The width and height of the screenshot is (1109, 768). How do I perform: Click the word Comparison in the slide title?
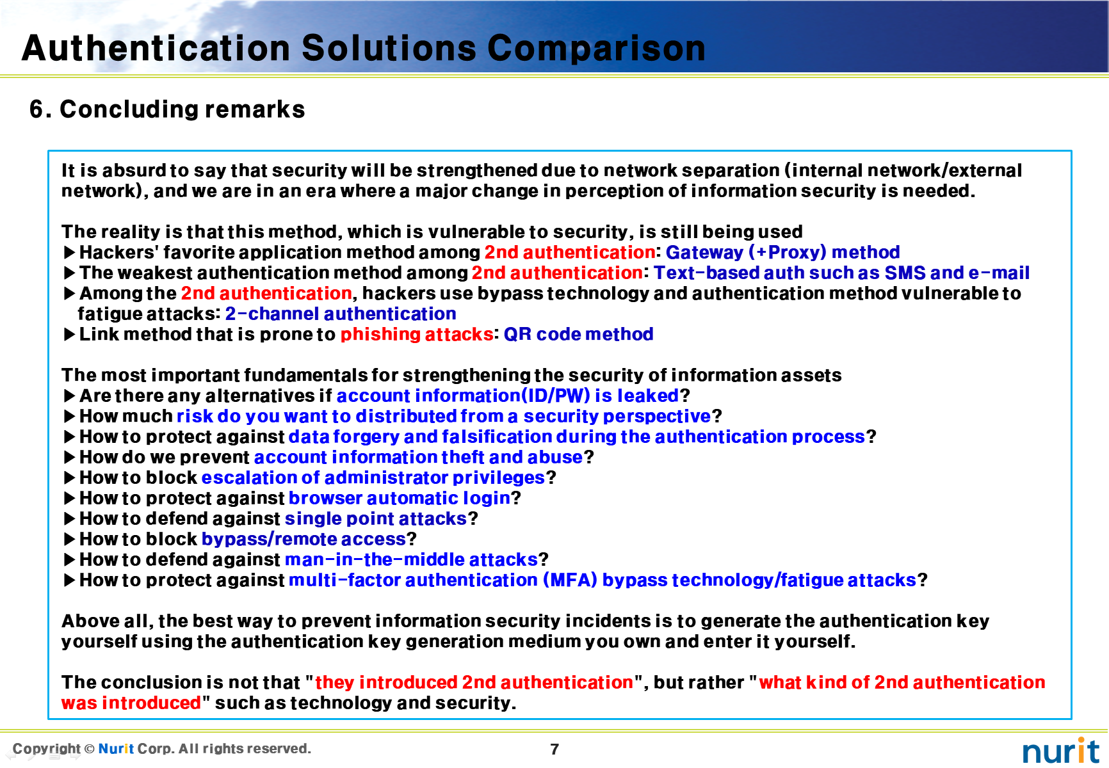pos(596,49)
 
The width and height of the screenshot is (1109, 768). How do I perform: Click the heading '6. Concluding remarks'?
pos(167,109)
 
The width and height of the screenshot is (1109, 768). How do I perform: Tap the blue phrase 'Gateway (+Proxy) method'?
pos(782,252)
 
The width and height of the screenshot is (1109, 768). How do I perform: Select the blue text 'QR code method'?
pos(578,334)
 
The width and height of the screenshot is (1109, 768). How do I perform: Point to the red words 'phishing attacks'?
pos(417,334)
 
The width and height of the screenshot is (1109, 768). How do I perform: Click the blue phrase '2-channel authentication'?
pos(341,314)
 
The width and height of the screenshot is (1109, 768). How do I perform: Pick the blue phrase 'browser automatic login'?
pos(400,498)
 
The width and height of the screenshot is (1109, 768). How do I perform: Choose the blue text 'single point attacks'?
pos(376,518)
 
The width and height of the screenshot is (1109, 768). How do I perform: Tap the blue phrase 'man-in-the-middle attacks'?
pos(411,559)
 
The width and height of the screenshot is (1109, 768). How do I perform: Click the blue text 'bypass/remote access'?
pos(304,539)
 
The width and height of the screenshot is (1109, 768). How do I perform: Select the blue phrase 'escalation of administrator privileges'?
pos(373,477)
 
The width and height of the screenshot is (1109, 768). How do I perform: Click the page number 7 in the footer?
pos(554,749)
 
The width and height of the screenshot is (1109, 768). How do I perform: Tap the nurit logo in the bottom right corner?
pos(1060,750)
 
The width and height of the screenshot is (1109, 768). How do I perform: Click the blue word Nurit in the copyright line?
pos(117,749)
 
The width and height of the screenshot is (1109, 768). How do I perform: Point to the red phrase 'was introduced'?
pos(131,703)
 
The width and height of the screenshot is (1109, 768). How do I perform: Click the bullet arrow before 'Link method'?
pos(70,334)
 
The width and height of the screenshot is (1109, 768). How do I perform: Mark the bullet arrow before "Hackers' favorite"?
pos(70,252)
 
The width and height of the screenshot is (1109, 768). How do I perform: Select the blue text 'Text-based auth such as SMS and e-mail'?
pos(841,273)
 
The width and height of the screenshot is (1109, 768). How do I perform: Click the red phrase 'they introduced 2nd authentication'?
pos(474,682)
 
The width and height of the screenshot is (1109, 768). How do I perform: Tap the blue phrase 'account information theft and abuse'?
pos(419,457)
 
